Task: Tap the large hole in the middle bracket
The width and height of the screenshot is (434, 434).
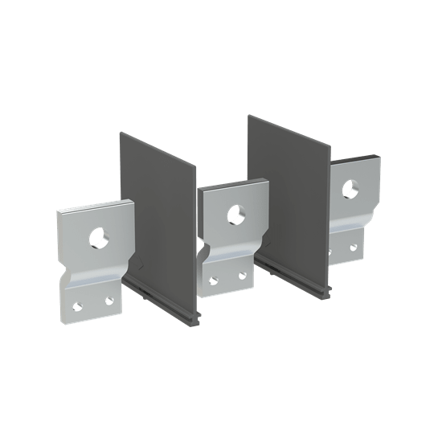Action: tap(235, 214)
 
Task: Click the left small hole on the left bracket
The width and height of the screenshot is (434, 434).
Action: tap(79, 305)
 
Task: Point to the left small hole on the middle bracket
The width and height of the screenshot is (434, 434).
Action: tap(213, 280)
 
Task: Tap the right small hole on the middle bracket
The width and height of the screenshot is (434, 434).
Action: tap(241, 275)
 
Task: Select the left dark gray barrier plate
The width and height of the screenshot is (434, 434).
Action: tap(161, 209)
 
